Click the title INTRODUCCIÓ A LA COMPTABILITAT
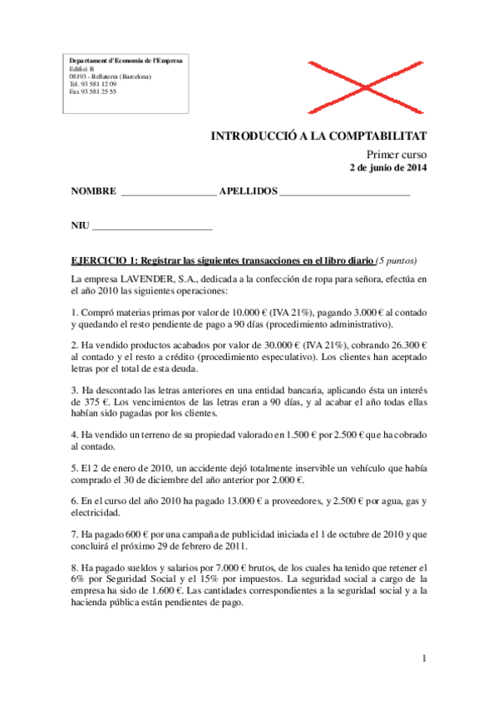pyautogui.click(x=318, y=136)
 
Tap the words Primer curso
pyautogui.click(x=397, y=155)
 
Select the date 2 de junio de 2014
pyautogui.click(x=387, y=169)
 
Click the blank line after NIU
pyautogui.click(x=152, y=226)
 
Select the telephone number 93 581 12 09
pyautogui.click(x=98, y=84)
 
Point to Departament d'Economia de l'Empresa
pyautogui.click(x=125, y=61)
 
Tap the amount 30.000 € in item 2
pyautogui.click(x=245, y=344)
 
